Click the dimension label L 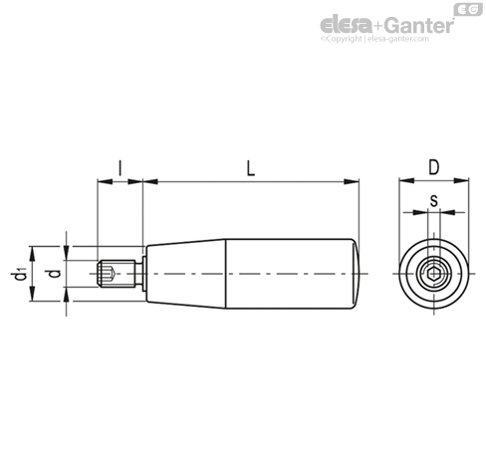[251, 169]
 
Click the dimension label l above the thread [120, 169]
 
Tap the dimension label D [433, 169]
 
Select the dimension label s [433, 201]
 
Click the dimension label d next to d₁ [54, 272]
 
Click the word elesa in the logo [344, 24]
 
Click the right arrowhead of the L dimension [353, 181]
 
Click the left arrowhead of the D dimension [403, 181]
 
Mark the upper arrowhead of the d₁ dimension [34, 248]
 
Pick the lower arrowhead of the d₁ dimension [34, 296]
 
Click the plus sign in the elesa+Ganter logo [371, 24]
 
